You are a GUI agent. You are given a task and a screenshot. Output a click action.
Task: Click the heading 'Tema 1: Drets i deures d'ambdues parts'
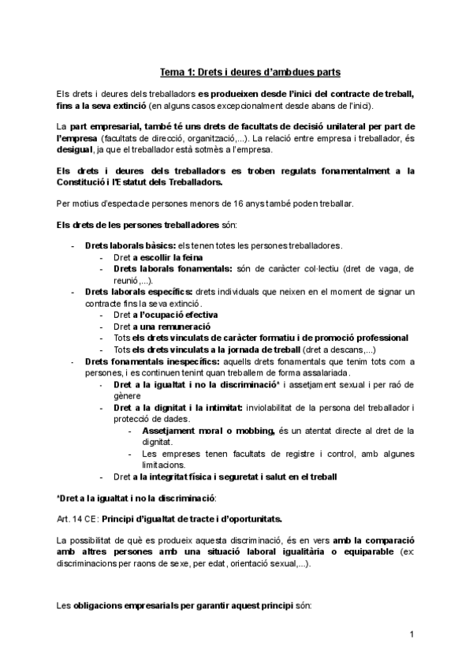click(251, 73)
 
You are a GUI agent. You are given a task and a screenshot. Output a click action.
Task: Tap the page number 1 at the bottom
click(412, 635)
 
